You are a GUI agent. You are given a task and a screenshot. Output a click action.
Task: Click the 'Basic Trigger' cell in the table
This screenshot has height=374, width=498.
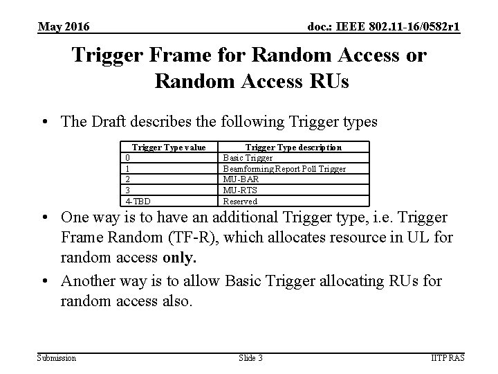click(x=248, y=158)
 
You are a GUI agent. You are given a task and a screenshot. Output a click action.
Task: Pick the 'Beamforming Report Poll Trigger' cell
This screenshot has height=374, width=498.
click(x=284, y=169)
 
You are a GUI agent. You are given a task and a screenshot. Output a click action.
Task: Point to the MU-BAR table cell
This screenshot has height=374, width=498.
click(x=240, y=179)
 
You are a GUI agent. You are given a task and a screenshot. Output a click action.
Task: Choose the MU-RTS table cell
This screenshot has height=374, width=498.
click(x=239, y=190)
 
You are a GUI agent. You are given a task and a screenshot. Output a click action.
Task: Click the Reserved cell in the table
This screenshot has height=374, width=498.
click(x=239, y=202)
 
